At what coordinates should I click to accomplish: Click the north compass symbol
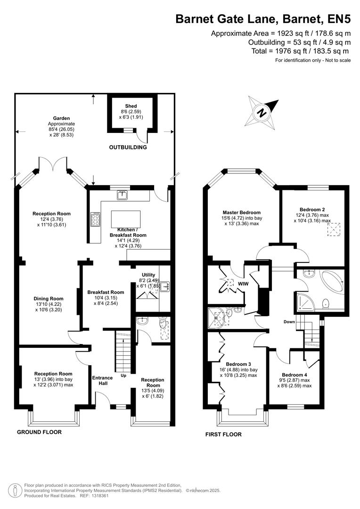coord(261,112)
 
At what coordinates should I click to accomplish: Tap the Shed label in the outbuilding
coord(131,106)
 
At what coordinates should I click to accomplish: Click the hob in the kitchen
coord(95,220)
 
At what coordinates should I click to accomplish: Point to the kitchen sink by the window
coord(123,194)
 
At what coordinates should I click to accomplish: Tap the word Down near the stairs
coord(289,322)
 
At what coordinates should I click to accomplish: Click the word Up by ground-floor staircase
coord(123,376)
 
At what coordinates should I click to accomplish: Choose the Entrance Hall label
coord(102,381)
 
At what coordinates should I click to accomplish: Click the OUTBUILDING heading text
coord(128,148)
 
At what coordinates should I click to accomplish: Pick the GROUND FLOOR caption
coord(39,432)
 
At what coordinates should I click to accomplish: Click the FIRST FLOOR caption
coord(223,434)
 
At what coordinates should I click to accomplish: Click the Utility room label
coord(148,275)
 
